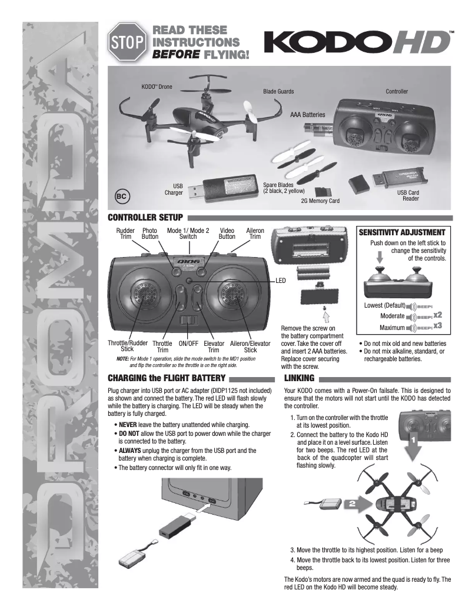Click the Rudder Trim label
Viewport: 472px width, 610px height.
click(125, 234)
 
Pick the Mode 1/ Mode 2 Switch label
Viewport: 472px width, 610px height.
click(188, 234)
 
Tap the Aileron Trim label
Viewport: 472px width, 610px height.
click(255, 234)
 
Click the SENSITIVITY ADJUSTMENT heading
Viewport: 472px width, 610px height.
click(405, 232)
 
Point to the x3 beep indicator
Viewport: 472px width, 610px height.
click(438, 326)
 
